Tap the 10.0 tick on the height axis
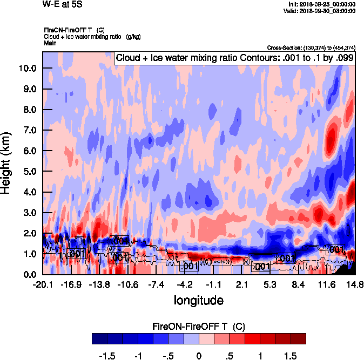(x=26, y=69)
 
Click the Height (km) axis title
(x=6, y=162)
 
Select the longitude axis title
(x=198, y=299)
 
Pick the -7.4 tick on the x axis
(x=156, y=284)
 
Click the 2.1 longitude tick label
(x=241, y=284)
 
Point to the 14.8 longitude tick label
(x=354, y=284)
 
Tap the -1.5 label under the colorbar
(x=108, y=356)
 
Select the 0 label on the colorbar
(x=199, y=356)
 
